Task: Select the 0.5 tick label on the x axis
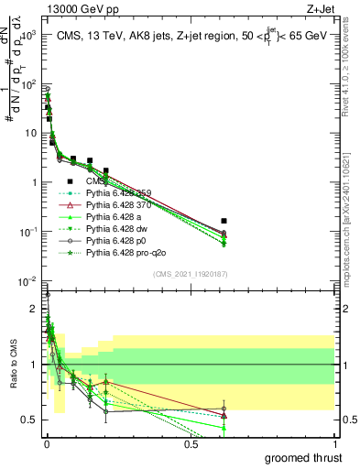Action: (191, 444)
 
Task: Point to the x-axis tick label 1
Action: (334, 444)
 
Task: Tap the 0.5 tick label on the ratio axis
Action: (29, 420)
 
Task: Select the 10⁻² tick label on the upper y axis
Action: (27, 280)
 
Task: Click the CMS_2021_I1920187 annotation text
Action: (190, 274)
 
